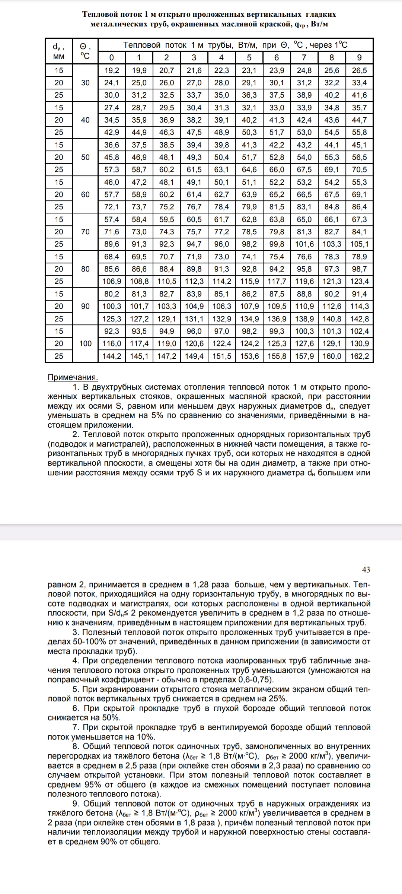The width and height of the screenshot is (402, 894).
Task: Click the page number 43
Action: [366, 570]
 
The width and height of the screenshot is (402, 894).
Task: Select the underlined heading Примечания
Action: [73, 377]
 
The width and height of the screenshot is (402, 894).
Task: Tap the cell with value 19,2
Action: [111, 70]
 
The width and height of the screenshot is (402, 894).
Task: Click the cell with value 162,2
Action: [359, 356]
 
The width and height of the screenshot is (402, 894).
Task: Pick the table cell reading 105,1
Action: [359, 244]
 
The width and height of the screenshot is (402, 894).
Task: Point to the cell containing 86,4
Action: [359, 207]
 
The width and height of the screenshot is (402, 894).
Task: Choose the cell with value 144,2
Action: [111, 356]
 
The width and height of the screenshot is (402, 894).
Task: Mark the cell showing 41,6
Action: [359, 95]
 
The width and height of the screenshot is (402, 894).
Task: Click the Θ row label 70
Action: [85, 232]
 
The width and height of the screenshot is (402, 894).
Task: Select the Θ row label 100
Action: [85, 343]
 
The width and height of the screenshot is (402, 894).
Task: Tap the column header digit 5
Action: [249, 57]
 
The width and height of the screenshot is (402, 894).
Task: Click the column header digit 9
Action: [359, 57]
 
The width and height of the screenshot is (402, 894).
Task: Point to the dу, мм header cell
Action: [59, 51]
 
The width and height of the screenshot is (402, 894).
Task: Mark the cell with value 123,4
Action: [359, 281]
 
